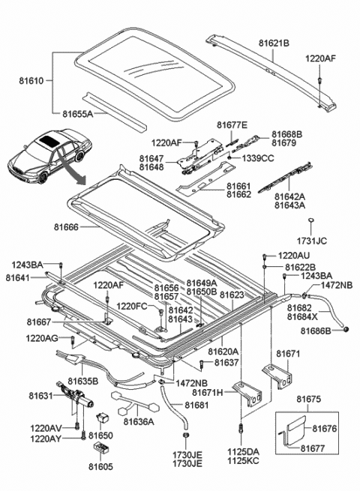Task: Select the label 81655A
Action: point(77,115)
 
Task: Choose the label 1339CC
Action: point(255,158)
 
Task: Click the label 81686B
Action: point(316,331)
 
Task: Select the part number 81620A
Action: point(223,351)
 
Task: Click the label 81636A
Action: point(136,421)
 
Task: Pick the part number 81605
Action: point(100,466)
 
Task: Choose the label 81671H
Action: point(207,392)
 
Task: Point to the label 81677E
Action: point(232,124)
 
